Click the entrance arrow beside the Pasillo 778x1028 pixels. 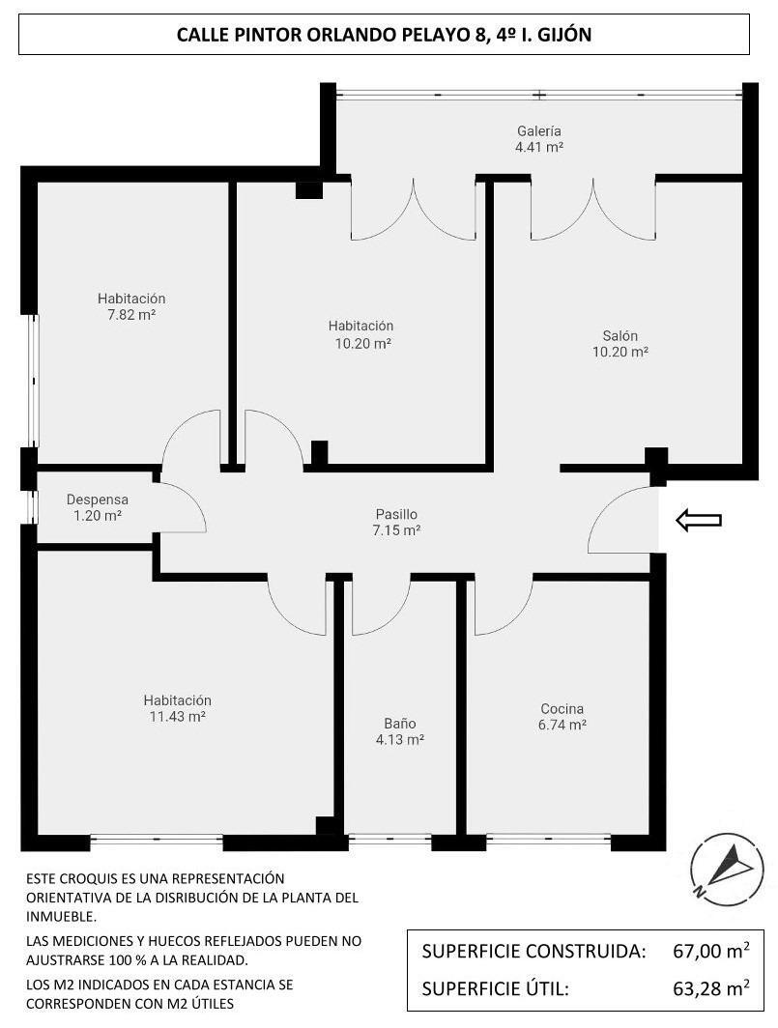[699, 520]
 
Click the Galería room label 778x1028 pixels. [539, 130]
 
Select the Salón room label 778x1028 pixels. [620, 335]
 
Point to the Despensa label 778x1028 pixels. [97, 500]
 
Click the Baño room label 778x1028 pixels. [399, 723]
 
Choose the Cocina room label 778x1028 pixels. [562, 709]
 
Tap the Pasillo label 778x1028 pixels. [396, 515]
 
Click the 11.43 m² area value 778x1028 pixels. [178, 716]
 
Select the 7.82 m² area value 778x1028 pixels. [131, 315]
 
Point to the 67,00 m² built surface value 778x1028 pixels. [711, 951]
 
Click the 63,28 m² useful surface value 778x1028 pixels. [711, 987]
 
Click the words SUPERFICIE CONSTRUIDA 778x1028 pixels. [534, 951]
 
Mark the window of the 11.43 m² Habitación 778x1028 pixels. [157, 839]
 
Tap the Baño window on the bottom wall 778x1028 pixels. [389, 838]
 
